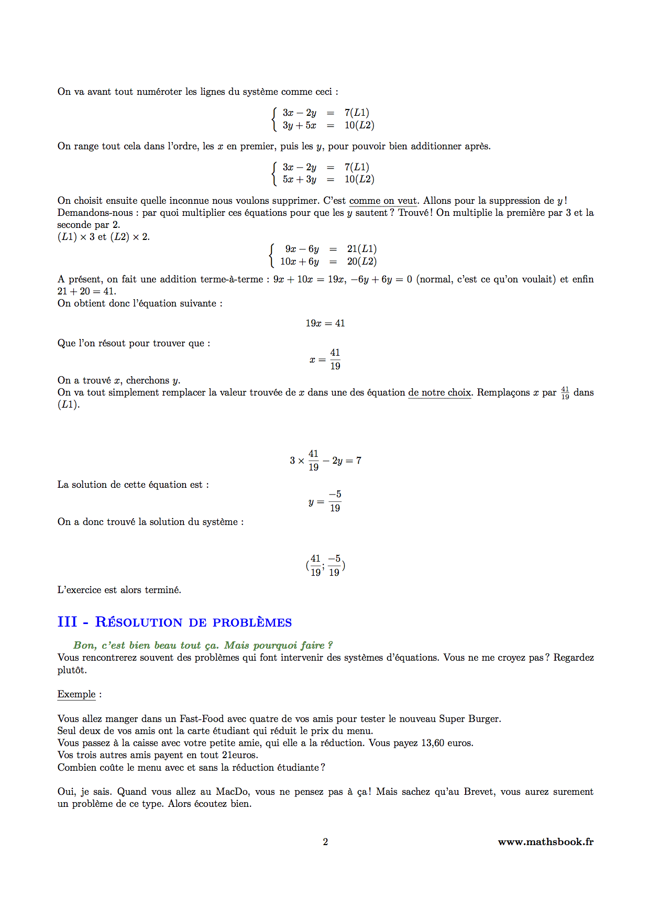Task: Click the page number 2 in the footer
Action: (325, 841)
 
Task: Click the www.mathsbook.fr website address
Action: (545, 841)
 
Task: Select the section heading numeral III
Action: (67, 622)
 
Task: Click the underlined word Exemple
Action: (76, 694)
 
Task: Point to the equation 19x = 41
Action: (325, 323)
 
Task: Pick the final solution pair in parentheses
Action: (325, 565)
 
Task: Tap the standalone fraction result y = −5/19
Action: (325, 501)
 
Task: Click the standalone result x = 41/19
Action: (325, 359)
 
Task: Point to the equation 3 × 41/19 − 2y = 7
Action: (325, 461)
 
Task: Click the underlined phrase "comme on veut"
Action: (383, 201)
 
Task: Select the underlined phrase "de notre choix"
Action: (440, 392)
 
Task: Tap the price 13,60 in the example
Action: (434, 743)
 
